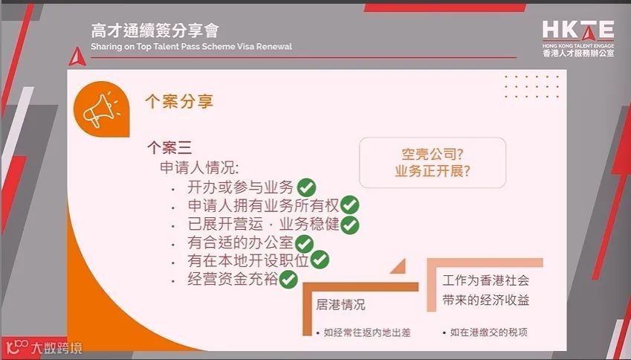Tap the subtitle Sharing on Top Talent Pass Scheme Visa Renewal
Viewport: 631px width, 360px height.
tap(191, 46)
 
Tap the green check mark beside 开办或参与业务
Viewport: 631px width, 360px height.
tap(306, 187)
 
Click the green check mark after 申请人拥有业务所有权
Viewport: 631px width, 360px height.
tap(350, 205)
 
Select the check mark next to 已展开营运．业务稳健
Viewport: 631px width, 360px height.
tap(350, 224)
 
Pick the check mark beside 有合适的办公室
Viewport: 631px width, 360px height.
tap(305, 243)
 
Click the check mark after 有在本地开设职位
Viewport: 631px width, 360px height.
tap(320, 260)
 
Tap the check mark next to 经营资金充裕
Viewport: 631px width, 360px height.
tap(288, 280)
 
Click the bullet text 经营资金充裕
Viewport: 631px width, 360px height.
tap(233, 280)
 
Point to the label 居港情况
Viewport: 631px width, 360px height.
tap(340, 305)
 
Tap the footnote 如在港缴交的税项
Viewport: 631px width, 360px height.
tap(488, 332)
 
